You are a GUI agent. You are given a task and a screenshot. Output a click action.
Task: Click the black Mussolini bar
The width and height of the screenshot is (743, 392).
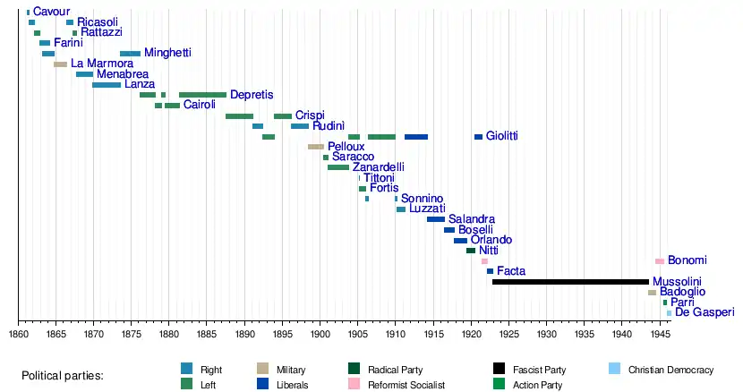[570, 282]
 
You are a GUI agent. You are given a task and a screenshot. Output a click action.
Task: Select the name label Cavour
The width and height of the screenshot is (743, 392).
[51, 12]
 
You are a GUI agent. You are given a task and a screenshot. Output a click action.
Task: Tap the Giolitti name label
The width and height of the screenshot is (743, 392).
[501, 137]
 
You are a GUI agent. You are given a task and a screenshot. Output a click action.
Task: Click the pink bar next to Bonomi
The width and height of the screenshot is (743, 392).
[660, 261]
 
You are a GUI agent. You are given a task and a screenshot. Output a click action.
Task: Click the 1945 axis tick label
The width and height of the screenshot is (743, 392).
[660, 334]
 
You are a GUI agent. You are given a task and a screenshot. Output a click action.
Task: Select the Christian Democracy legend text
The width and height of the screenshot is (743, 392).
[670, 370]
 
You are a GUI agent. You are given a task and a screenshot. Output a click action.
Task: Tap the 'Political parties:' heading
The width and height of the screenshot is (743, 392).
[63, 376]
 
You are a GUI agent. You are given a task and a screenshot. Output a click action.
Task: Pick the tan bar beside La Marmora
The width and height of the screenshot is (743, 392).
[60, 64]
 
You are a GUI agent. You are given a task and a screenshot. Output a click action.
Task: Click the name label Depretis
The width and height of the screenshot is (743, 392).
[252, 95]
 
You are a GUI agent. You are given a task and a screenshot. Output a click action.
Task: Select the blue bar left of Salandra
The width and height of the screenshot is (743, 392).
[436, 219]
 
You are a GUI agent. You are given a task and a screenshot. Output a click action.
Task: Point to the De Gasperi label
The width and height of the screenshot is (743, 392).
[704, 313]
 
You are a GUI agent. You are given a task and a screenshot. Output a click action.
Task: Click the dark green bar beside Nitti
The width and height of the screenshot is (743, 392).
[471, 251]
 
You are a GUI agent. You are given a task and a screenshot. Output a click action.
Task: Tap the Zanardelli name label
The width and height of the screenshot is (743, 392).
[379, 167]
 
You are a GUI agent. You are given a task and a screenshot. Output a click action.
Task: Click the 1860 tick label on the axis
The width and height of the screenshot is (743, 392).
[19, 334]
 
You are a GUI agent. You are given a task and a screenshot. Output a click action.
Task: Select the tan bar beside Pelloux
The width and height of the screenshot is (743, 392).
[316, 147]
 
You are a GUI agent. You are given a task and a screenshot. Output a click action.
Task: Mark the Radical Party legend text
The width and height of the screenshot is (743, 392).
[395, 370]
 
